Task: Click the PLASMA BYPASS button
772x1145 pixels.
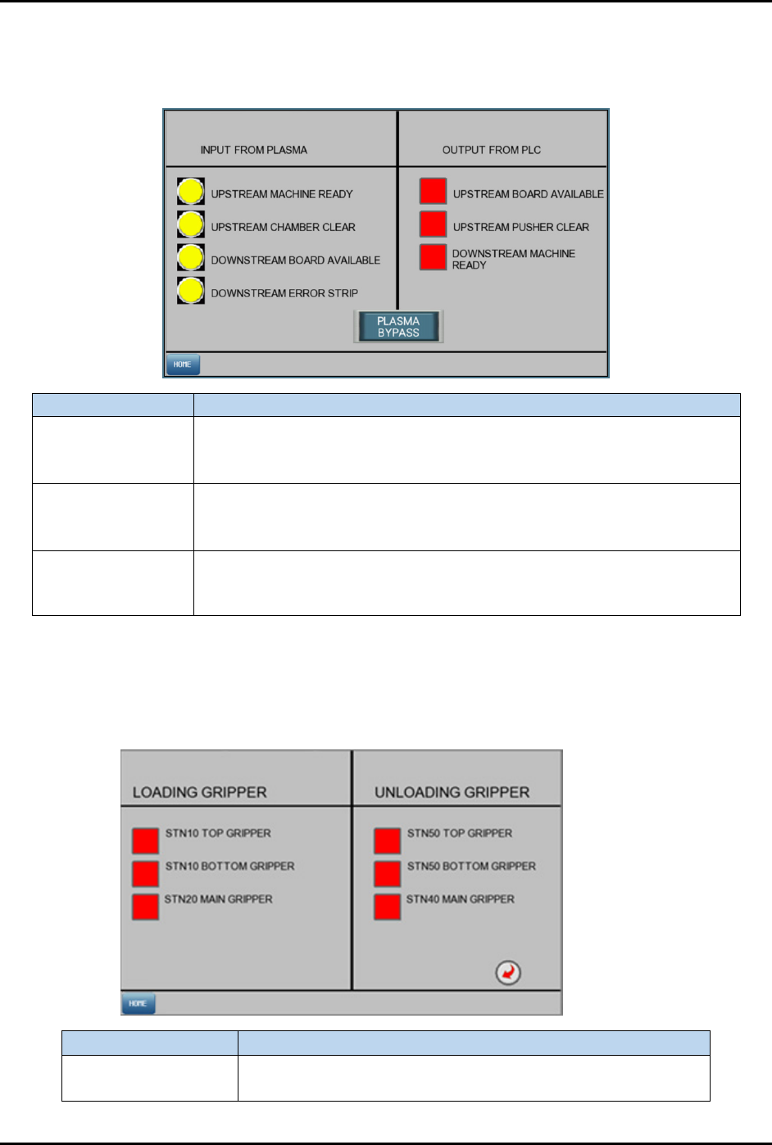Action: coord(398,327)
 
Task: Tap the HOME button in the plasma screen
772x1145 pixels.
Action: coord(183,364)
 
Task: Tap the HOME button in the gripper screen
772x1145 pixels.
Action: coord(138,1003)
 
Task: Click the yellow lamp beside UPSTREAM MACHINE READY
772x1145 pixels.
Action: coord(191,192)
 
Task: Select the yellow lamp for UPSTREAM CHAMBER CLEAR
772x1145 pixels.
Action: coord(191,224)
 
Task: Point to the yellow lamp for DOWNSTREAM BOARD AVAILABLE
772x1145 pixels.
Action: coord(191,257)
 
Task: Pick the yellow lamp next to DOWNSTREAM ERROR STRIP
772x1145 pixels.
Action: coord(191,290)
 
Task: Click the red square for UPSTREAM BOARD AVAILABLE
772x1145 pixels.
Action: coord(433,191)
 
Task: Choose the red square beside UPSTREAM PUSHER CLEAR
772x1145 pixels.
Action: coord(433,224)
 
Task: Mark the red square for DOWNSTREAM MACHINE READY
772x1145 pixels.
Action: coord(433,257)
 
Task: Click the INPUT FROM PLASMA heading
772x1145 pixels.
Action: coord(254,150)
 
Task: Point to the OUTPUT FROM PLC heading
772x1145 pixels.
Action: coord(492,150)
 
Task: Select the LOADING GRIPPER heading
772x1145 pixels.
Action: coord(200,792)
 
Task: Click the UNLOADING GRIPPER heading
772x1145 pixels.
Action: coord(452,792)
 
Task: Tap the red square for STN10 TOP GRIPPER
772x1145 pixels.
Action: coord(146,840)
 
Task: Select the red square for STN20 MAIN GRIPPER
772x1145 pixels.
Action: coord(146,907)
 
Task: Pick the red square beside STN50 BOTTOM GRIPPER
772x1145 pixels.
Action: coord(388,873)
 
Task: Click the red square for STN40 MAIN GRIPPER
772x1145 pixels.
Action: coord(388,907)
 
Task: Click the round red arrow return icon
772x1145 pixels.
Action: coord(508,972)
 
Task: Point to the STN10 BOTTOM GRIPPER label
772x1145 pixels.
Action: coord(229,866)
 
